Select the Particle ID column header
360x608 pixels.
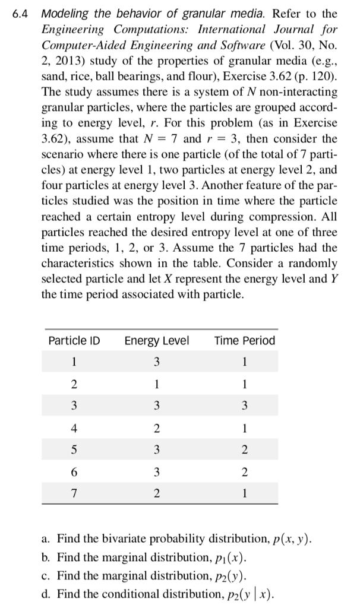click(x=74, y=341)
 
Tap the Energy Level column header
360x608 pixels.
click(x=157, y=341)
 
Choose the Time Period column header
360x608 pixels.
click(x=245, y=341)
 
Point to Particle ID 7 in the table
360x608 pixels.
click(x=74, y=493)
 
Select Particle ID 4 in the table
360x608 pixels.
click(x=74, y=428)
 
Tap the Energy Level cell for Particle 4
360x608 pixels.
click(x=157, y=428)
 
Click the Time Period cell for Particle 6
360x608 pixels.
click(x=245, y=472)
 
